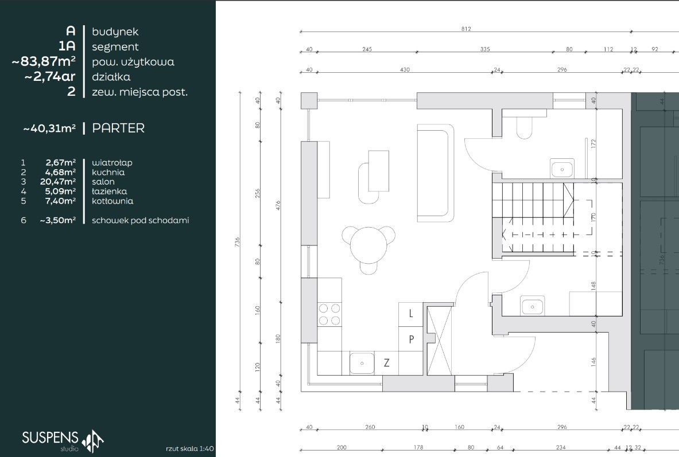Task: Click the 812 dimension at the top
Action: pyautogui.click(x=466, y=29)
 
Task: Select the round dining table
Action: pyautogui.click(x=368, y=244)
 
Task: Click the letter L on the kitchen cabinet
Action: pyautogui.click(x=411, y=313)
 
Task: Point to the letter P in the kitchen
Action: pyautogui.click(x=412, y=339)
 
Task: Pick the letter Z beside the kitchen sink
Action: pyautogui.click(x=387, y=362)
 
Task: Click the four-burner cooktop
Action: pyautogui.click(x=329, y=314)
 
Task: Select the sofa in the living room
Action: pyautogui.click(x=436, y=173)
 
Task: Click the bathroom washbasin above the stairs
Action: pyautogui.click(x=562, y=169)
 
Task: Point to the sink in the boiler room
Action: pyautogui.click(x=532, y=306)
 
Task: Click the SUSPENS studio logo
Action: pyautogui.click(x=63, y=440)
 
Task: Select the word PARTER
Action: pyautogui.click(x=118, y=128)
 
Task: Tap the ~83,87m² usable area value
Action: pyautogui.click(x=43, y=61)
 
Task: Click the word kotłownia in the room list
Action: pyautogui.click(x=112, y=201)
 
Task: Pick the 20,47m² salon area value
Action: pyautogui.click(x=58, y=182)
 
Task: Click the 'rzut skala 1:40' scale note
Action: pyautogui.click(x=189, y=449)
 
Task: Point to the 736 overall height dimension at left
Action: pyautogui.click(x=237, y=242)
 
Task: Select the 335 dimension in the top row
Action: pyautogui.click(x=485, y=49)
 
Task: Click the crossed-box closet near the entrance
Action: pyautogui.click(x=439, y=340)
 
